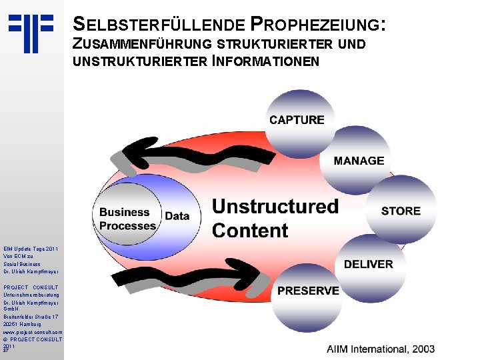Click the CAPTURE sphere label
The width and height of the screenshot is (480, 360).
click(x=297, y=120)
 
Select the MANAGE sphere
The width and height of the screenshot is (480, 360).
click(x=359, y=161)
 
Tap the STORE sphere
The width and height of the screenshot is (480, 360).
click(x=401, y=211)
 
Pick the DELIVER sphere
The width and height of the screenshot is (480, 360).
click(x=368, y=264)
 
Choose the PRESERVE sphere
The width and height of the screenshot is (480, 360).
click(x=308, y=291)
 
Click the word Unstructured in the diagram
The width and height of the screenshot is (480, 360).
click(x=275, y=207)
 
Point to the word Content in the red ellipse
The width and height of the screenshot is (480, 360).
click(x=250, y=231)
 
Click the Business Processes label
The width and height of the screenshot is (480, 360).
click(x=127, y=219)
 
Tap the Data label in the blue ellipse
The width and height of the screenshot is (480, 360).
click(x=177, y=216)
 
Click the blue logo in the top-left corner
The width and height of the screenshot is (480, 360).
click(x=31, y=32)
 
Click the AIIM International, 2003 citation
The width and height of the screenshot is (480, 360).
click(x=380, y=349)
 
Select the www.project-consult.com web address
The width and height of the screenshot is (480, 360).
click(x=32, y=331)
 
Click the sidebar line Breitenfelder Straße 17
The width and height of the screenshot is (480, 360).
click(x=31, y=317)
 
